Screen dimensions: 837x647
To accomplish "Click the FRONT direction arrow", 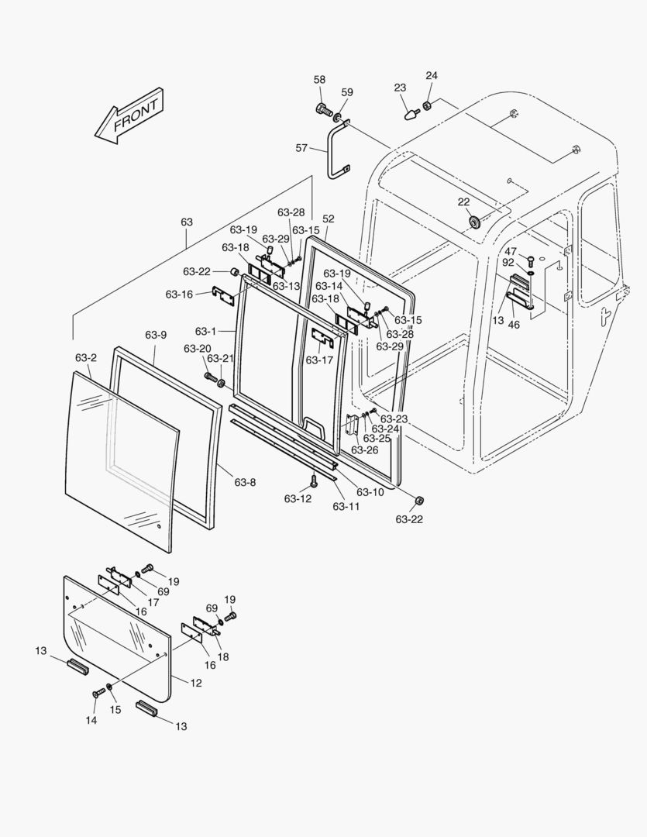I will point(129,116).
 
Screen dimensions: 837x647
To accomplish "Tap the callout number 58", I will point(320,80).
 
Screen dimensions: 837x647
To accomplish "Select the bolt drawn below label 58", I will point(323,109).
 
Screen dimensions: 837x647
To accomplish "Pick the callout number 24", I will point(432,75).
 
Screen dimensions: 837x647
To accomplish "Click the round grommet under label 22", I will point(473,222).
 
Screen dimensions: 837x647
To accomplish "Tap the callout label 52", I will point(329,219).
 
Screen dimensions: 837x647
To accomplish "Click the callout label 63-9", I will point(156,335).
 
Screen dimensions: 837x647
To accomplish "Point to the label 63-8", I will point(245,482).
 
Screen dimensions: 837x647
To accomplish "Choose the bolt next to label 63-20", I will point(210,377).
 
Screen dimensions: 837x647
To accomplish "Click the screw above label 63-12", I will point(314,480).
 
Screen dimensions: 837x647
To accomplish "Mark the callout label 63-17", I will point(318,360).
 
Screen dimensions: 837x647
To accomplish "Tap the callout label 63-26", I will point(364,449).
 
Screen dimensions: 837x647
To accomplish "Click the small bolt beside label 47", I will point(531,260).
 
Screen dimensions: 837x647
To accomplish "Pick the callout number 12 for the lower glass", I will point(196,683).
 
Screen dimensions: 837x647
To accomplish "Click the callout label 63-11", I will point(346,507).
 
